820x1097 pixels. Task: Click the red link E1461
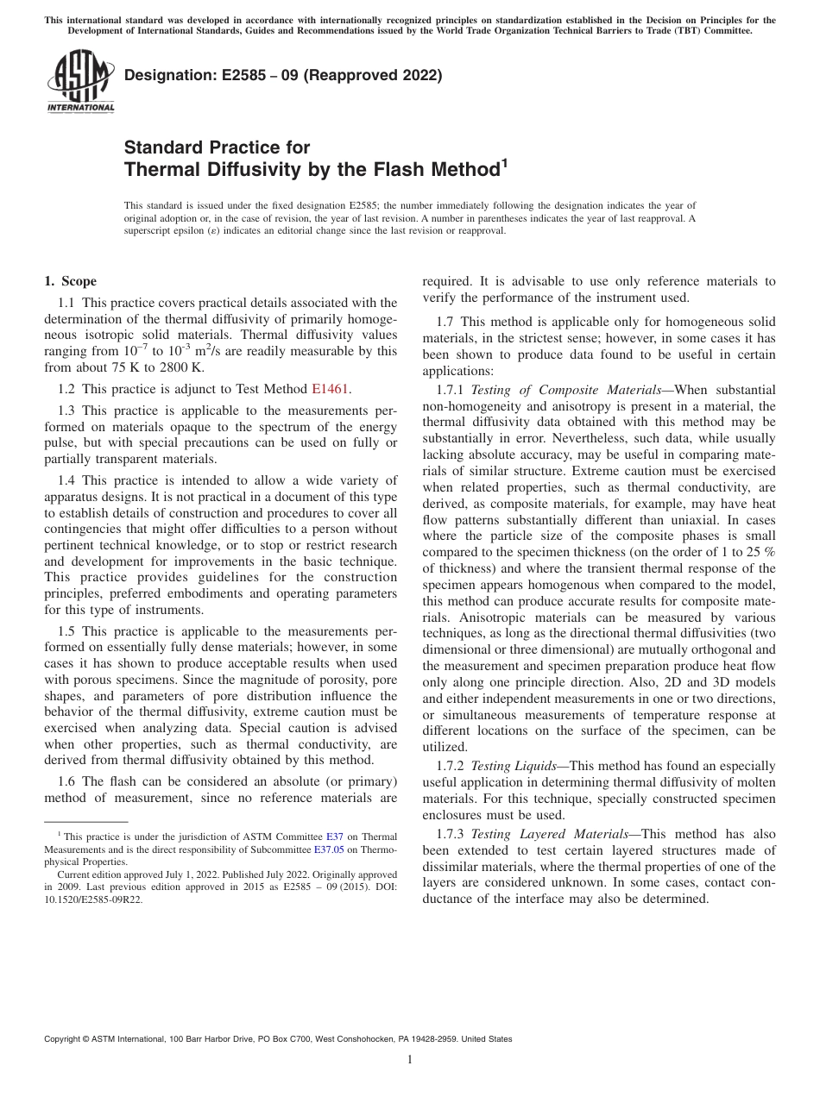(331, 389)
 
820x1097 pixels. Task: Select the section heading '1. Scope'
(71, 281)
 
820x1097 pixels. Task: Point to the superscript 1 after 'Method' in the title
(504, 163)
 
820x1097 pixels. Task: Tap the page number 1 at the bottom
(410, 1060)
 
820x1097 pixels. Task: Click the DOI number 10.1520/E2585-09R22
(93, 898)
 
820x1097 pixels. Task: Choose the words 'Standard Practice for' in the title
(217, 147)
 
